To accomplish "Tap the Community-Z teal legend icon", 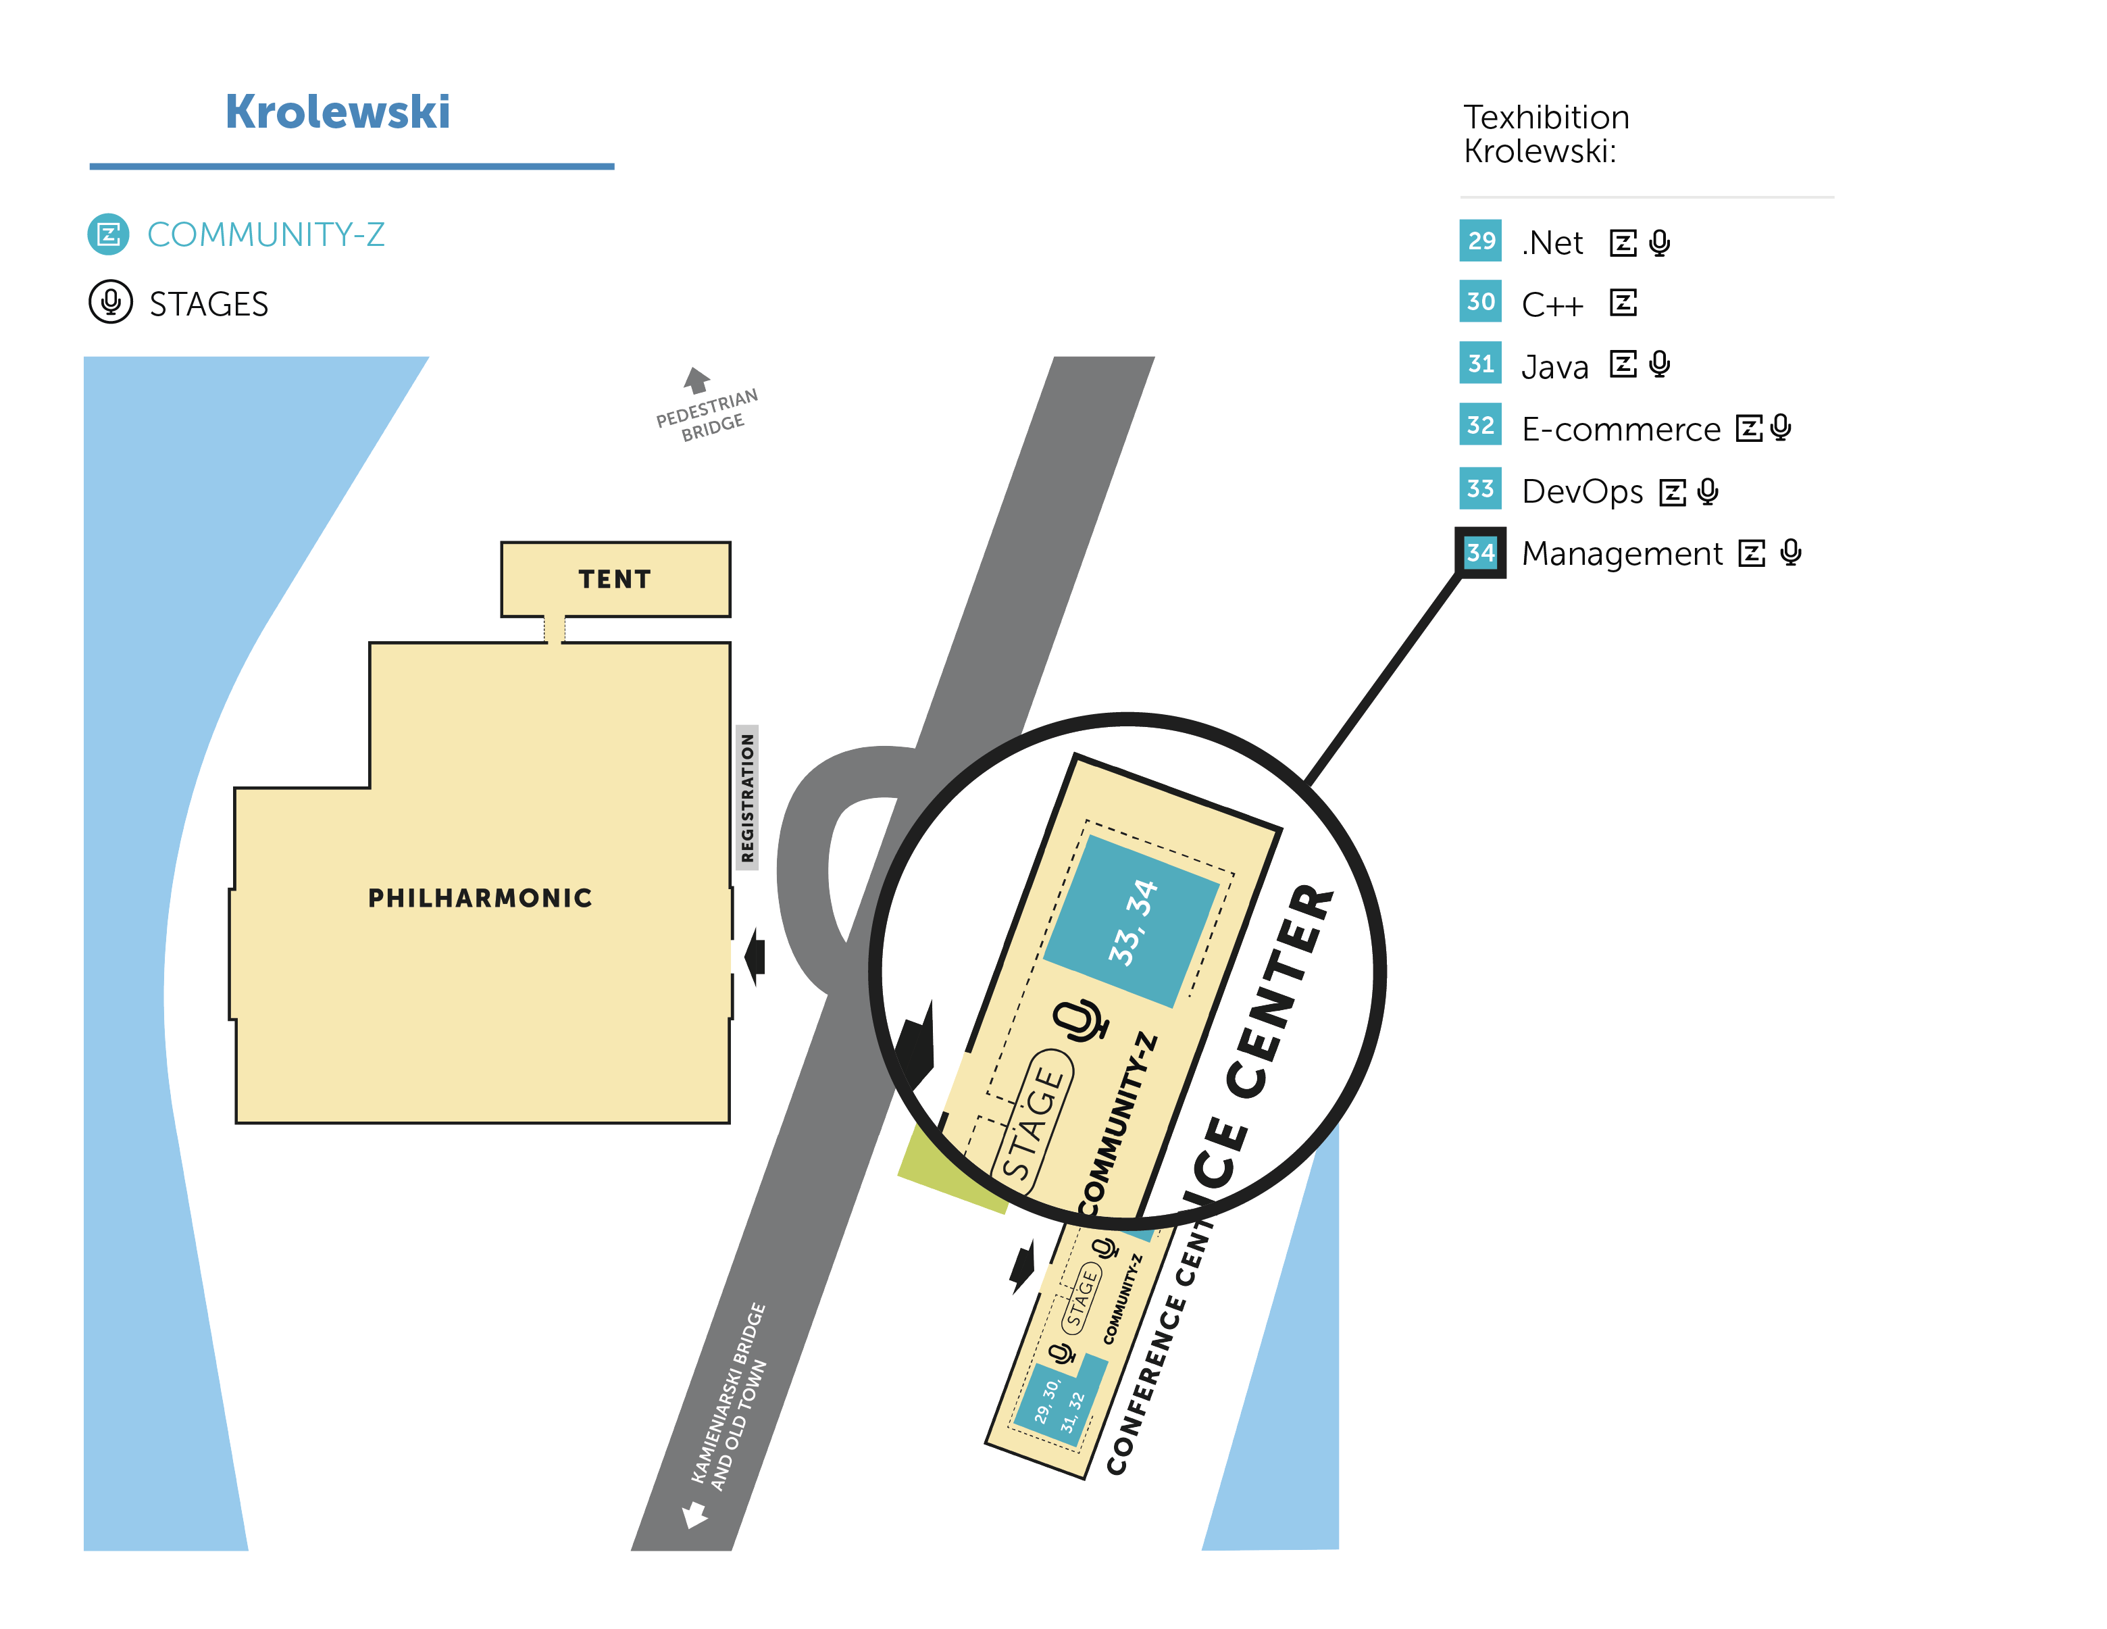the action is [108, 234].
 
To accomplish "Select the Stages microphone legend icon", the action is [111, 302].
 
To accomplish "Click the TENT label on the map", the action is [615, 579].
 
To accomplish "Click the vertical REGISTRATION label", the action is [746, 797].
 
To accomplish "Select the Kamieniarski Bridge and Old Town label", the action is [730, 1397].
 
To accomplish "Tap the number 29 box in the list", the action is [1480, 241].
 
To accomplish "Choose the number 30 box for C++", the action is [1480, 301].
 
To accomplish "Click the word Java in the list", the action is [1554, 368].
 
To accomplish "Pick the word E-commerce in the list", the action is [1621, 428].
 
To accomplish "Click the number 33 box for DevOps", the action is [1480, 488].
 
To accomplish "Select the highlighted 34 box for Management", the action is [1480, 552].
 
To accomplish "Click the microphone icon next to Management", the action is [1791, 552].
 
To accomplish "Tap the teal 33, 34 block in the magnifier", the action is [1132, 922].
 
